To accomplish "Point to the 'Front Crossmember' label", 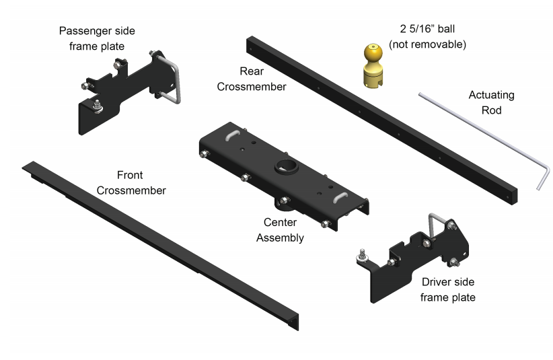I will (131, 182).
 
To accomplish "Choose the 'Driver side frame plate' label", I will (448, 289).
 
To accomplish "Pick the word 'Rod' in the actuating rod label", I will (496, 110).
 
